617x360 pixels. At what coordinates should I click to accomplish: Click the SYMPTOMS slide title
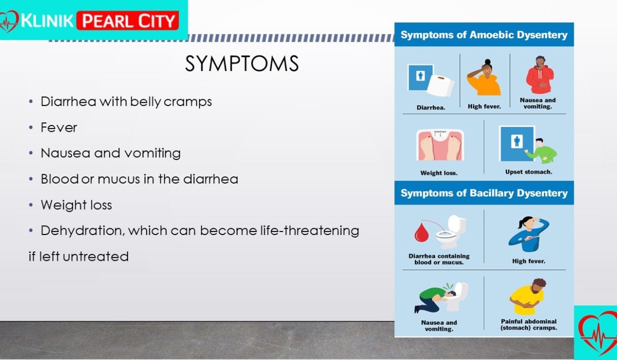point(242,64)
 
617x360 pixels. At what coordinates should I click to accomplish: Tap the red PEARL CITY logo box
point(128,21)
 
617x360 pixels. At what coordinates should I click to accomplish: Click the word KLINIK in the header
point(47,21)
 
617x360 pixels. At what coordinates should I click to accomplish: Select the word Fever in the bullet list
point(59,128)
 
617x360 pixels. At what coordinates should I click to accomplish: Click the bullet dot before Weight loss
point(31,205)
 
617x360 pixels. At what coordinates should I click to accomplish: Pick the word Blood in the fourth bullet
point(60,179)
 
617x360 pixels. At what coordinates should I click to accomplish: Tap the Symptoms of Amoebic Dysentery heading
point(484,35)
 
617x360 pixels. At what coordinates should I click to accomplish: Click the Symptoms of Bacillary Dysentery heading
point(484,193)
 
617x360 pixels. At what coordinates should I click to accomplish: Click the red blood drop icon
point(422,232)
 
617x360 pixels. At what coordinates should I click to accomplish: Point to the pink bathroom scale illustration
point(440,145)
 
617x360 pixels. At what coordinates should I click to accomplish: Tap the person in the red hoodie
point(539,75)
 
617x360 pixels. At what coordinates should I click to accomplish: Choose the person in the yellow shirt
point(528,297)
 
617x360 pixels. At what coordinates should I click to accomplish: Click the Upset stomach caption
point(529,172)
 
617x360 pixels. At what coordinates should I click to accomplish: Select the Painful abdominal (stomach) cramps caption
point(529,325)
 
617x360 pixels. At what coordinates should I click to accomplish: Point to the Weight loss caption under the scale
point(439,173)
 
